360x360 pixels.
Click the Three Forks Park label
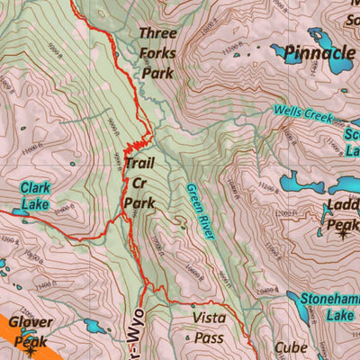click(157, 53)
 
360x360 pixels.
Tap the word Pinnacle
click(318, 53)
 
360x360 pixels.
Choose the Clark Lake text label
click(34, 196)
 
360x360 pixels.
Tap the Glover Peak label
click(31, 331)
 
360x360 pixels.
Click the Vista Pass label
click(208, 328)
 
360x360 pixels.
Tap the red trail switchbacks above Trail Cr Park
click(135, 148)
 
